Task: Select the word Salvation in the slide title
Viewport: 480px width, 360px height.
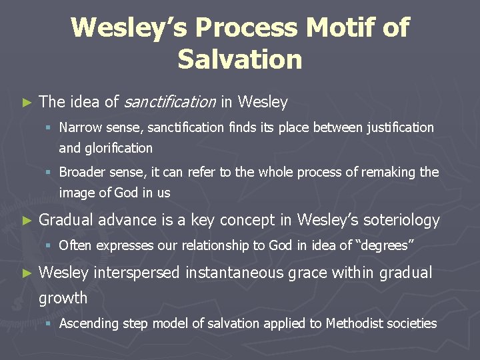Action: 240,59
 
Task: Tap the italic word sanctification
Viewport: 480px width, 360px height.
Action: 169,102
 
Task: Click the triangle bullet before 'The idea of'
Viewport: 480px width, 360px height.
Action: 27,103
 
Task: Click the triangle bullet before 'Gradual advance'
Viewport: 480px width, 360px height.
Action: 27,220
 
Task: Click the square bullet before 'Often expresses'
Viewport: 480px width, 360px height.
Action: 51,245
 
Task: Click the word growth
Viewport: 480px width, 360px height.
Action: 63,297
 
